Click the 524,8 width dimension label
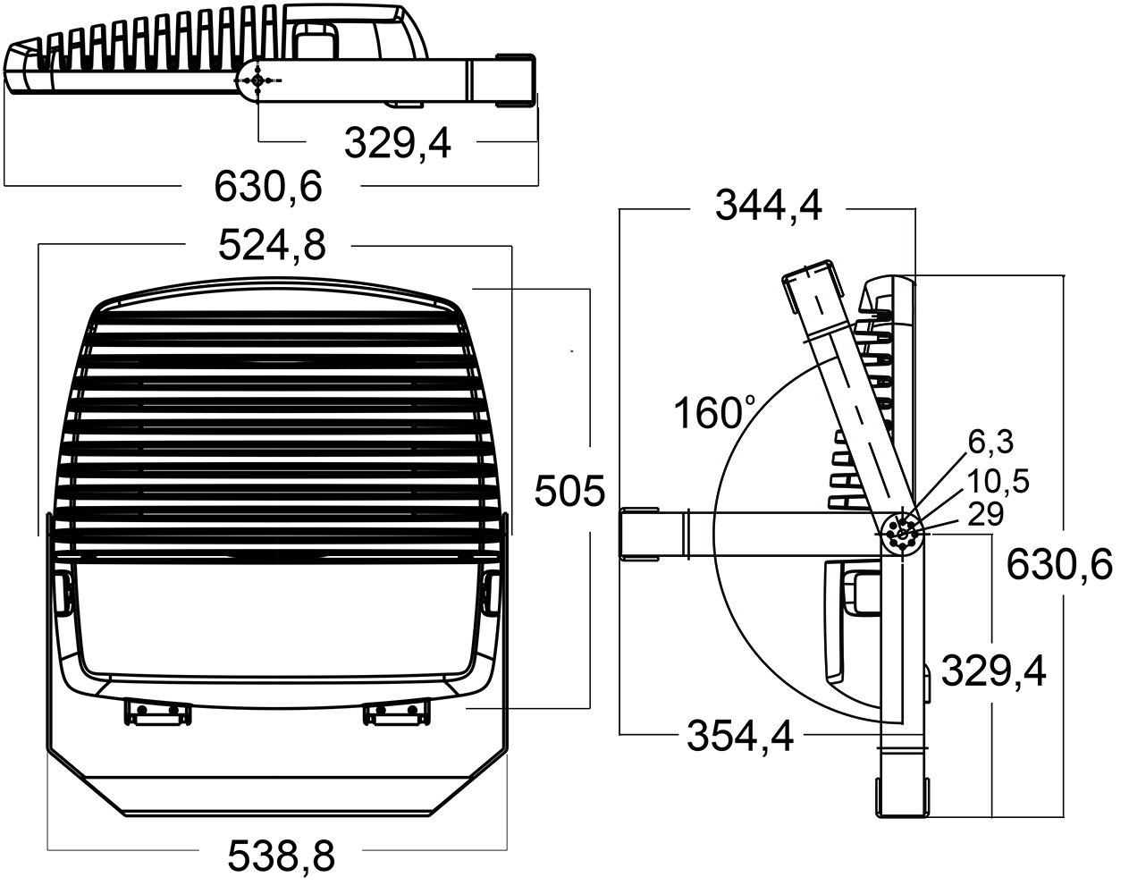point(272,245)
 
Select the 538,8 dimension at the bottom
point(281,856)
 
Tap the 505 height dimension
point(569,491)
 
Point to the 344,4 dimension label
point(769,205)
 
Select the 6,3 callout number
point(990,442)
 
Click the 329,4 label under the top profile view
point(397,143)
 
